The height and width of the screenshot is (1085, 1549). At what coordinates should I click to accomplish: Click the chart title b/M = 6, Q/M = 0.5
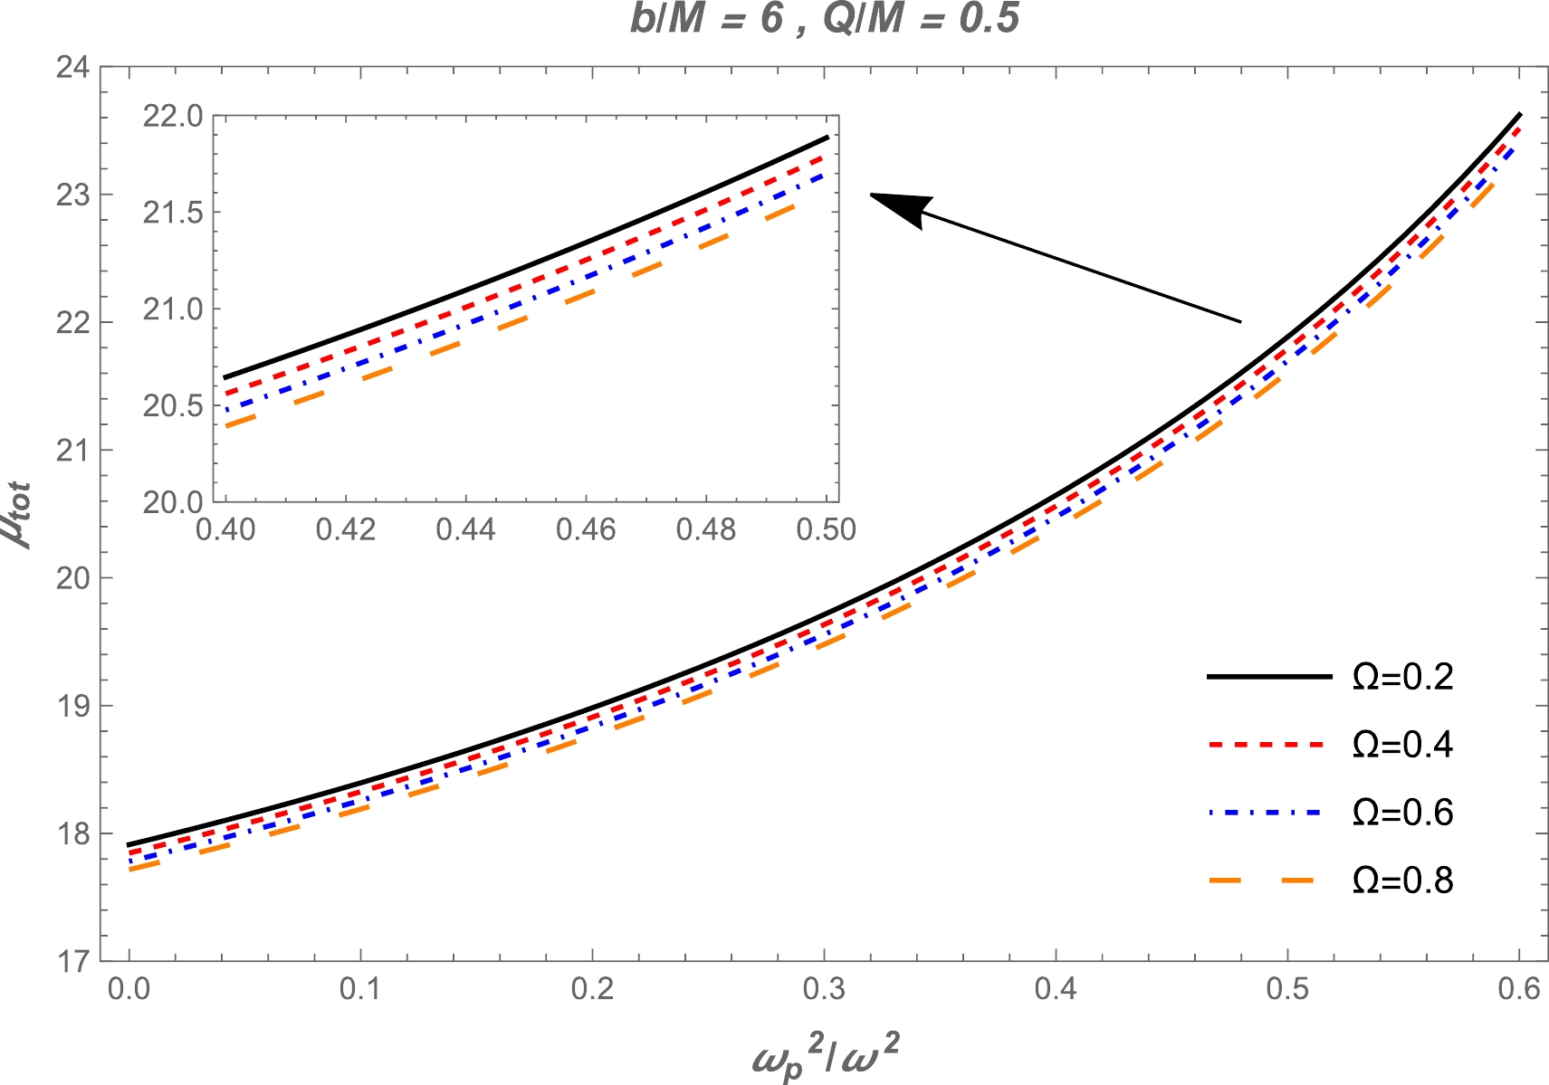tap(825, 19)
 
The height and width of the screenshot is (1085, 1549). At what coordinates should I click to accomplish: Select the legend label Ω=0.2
tap(1402, 677)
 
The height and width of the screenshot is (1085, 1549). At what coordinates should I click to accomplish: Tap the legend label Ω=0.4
tap(1402, 745)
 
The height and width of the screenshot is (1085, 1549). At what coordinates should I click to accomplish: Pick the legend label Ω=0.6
tap(1402, 813)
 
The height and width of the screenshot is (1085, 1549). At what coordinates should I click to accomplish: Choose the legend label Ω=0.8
tap(1402, 880)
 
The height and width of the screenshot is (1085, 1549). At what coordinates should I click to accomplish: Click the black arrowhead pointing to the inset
tap(901, 207)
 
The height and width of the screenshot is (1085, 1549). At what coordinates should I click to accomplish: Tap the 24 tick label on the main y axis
tap(72, 68)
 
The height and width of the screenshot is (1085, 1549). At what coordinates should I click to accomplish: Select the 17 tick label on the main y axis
tap(72, 961)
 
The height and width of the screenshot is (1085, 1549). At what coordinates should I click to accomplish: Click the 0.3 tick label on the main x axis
tap(824, 989)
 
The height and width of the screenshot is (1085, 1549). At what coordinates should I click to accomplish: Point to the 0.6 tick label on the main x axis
tap(1518, 989)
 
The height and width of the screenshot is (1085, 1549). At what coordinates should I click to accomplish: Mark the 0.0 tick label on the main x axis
tap(129, 989)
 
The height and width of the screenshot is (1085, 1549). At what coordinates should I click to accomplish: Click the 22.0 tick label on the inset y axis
tap(172, 117)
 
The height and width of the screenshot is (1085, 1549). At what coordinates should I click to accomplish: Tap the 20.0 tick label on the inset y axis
tap(172, 502)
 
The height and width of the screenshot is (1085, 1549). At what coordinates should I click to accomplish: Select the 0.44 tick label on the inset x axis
tap(465, 529)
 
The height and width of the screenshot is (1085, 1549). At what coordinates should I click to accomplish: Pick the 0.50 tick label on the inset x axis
tap(826, 529)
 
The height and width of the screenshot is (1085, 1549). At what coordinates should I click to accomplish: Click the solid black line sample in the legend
tap(1269, 677)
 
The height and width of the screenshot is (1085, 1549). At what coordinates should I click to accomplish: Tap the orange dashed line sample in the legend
tap(1269, 880)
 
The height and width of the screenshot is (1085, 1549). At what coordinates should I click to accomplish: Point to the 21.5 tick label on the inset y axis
tap(172, 214)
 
